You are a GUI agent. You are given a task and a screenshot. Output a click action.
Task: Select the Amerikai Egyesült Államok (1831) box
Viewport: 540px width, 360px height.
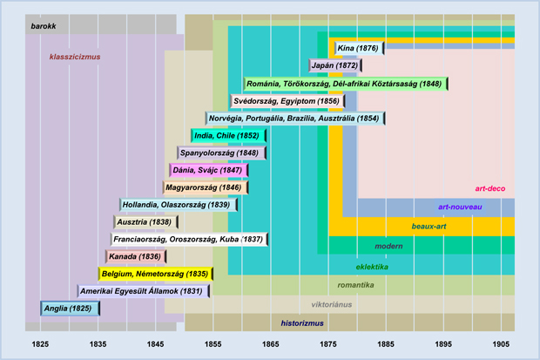coord(143,290)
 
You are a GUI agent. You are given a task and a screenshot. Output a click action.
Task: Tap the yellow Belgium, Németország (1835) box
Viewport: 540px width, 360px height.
coord(155,273)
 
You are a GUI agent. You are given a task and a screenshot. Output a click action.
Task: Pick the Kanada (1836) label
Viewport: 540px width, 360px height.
coord(135,256)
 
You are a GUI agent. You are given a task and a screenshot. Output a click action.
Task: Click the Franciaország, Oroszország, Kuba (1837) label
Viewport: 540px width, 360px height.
coord(187,239)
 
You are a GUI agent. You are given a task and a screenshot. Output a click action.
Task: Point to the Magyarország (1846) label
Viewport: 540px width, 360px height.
coord(206,187)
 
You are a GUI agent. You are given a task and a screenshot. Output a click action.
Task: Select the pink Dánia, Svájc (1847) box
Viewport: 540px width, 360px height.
coord(208,170)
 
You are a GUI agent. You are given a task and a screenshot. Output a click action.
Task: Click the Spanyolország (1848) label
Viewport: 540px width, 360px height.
coord(222,153)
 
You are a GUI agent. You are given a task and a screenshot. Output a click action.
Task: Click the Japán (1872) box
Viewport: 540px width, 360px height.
coord(335,65)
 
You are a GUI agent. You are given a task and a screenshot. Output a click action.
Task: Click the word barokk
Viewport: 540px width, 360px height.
coord(44,27)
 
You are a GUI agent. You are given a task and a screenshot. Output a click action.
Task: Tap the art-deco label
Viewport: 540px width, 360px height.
coord(490,188)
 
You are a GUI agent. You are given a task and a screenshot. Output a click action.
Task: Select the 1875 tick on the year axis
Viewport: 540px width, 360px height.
coord(329,345)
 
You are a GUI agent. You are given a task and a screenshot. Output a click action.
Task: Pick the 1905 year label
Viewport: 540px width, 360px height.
coord(501,345)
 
